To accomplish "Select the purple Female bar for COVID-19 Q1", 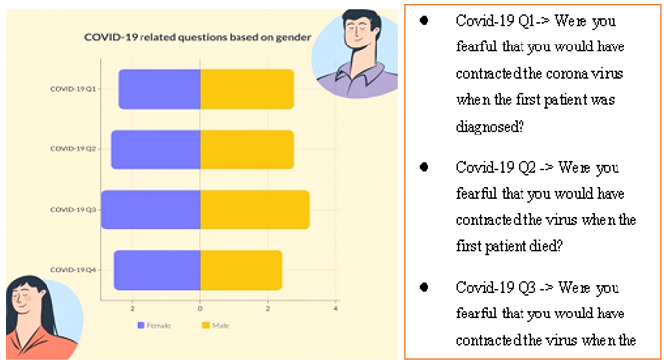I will tap(159, 89).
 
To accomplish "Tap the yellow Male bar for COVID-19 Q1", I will tap(246, 89).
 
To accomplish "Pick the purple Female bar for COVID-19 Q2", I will tap(155, 149).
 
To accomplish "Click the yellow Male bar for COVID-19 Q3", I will tap(254, 210).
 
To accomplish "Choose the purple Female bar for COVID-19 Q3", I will tap(150, 210).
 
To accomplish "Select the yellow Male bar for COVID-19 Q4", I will tap(240, 270).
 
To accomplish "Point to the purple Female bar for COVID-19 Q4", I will tap(157, 270).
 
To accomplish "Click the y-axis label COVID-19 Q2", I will tap(74, 149).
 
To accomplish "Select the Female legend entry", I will tap(156, 324).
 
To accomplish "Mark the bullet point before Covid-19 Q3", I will tap(423, 287).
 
